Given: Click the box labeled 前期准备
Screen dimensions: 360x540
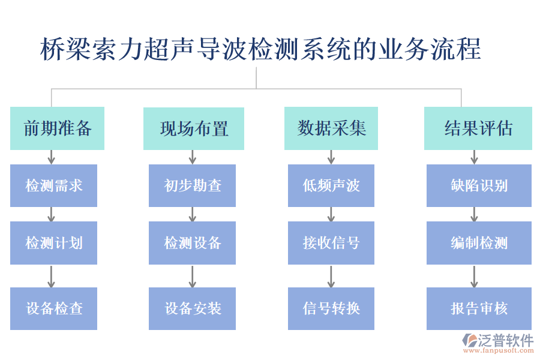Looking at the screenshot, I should pos(57,128).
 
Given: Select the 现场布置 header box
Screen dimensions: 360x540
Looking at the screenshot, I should pos(193,128).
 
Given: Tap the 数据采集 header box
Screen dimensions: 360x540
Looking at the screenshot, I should pos(331,128).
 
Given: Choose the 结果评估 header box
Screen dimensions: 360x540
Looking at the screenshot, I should pos(478,128).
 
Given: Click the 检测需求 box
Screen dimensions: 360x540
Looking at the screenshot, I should pos(53,185).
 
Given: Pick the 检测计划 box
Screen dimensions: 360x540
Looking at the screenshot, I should pos(53,243).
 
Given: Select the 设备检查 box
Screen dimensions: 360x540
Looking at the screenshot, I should pos(53,308).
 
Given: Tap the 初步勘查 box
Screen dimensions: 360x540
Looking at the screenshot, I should pos(192,185).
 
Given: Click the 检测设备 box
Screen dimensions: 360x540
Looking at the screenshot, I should pos(192,243).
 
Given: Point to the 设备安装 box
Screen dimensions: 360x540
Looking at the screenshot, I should pos(192,308).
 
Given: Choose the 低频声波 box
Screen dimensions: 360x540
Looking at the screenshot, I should pos(331,185).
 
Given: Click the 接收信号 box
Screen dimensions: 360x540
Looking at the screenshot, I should pos(331,243).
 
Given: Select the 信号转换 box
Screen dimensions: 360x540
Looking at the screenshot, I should pos(331,308).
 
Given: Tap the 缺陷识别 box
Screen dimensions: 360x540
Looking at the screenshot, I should pos(479,185).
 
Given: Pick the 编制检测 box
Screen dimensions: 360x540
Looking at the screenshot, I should pos(479,243).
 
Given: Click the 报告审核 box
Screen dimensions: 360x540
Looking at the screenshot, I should pos(479,308).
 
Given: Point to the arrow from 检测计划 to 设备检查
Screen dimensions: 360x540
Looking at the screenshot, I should pos(52,276).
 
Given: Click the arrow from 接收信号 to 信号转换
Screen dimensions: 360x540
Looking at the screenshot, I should pos(331,276).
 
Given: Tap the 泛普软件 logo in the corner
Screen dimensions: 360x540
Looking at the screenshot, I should pos(497,342).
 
